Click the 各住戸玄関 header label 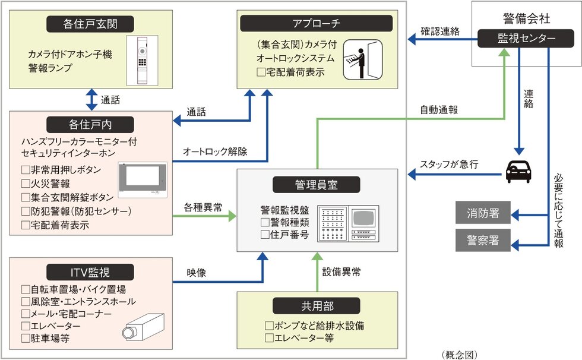[x=90, y=24]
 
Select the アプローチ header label [x=316, y=23]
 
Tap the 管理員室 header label [x=316, y=185]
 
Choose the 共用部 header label [x=316, y=306]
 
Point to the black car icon [x=518, y=172]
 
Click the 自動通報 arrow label [x=438, y=110]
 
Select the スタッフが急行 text [x=448, y=165]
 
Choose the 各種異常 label [x=203, y=207]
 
